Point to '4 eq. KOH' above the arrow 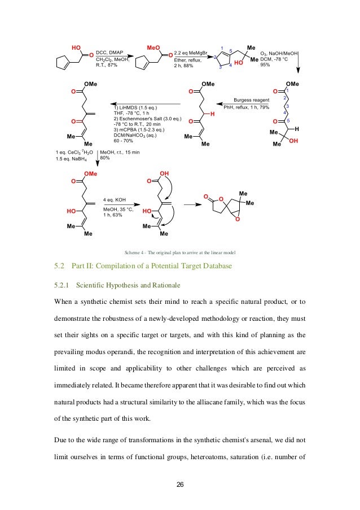tap(117, 199)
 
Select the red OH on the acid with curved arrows tap(164, 173)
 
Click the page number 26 tap(180, 485)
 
